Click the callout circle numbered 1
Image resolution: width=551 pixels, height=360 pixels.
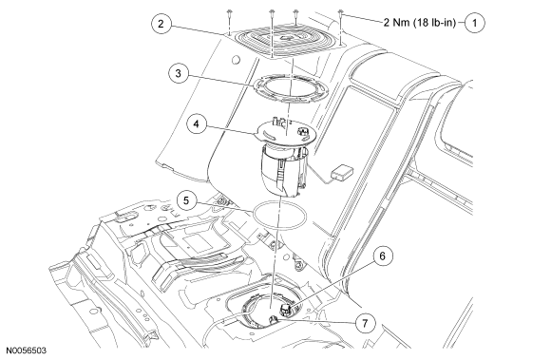click(x=475, y=23)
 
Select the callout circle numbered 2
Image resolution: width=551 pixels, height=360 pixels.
click(x=161, y=24)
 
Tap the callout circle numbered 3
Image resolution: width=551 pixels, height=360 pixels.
click(x=179, y=74)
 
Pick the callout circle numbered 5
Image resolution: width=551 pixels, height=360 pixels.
click(x=186, y=200)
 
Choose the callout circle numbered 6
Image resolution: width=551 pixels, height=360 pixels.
click(x=382, y=256)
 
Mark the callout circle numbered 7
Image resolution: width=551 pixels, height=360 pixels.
click(x=365, y=322)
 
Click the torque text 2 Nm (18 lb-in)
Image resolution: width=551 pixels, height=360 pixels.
click(x=420, y=23)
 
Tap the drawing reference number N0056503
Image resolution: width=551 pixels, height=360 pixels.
click(x=26, y=351)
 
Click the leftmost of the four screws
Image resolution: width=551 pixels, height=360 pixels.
click(x=229, y=15)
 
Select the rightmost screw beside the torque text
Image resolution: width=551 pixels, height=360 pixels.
click(x=340, y=14)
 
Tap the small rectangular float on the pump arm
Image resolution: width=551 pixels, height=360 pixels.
click(x=343, y=172)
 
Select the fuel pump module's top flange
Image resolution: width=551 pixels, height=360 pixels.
click(x=286, y=134)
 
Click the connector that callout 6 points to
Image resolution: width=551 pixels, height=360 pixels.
click(x=285, y=310)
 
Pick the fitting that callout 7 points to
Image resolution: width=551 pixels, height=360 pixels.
click(x=274, y=319)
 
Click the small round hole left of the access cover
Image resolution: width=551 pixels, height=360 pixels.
click(x=236, y=60)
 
